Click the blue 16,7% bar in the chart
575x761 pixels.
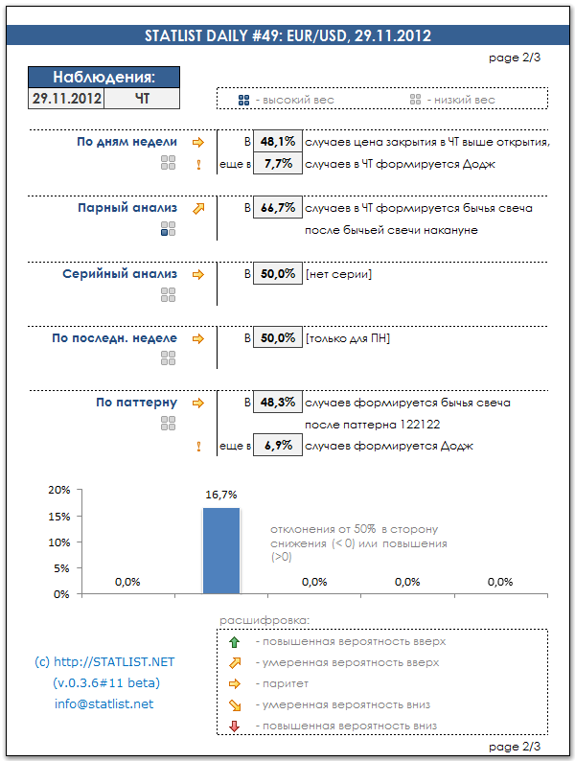click(220, 550)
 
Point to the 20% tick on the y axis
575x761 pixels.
click(59, 490)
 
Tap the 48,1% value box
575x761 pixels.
click(277, 142)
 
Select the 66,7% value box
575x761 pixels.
click(277, 208)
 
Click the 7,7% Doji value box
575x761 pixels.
click(277, 164)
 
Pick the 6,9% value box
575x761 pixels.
click(277, 447)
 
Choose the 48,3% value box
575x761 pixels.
click(277, 403)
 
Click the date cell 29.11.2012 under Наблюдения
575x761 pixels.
click(66, 98)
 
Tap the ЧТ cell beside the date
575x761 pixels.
click(142, 98)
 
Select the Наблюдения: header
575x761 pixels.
click(103, 78)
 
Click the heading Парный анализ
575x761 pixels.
click(127, 207)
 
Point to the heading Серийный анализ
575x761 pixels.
click(120, 274)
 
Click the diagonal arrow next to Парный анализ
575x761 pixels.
click(198, 207)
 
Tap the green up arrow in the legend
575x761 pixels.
click(235, 642)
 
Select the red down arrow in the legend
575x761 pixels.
click(235, 726)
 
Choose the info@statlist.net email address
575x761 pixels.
click(103, 704)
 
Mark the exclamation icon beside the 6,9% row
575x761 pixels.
click(198, 447)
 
